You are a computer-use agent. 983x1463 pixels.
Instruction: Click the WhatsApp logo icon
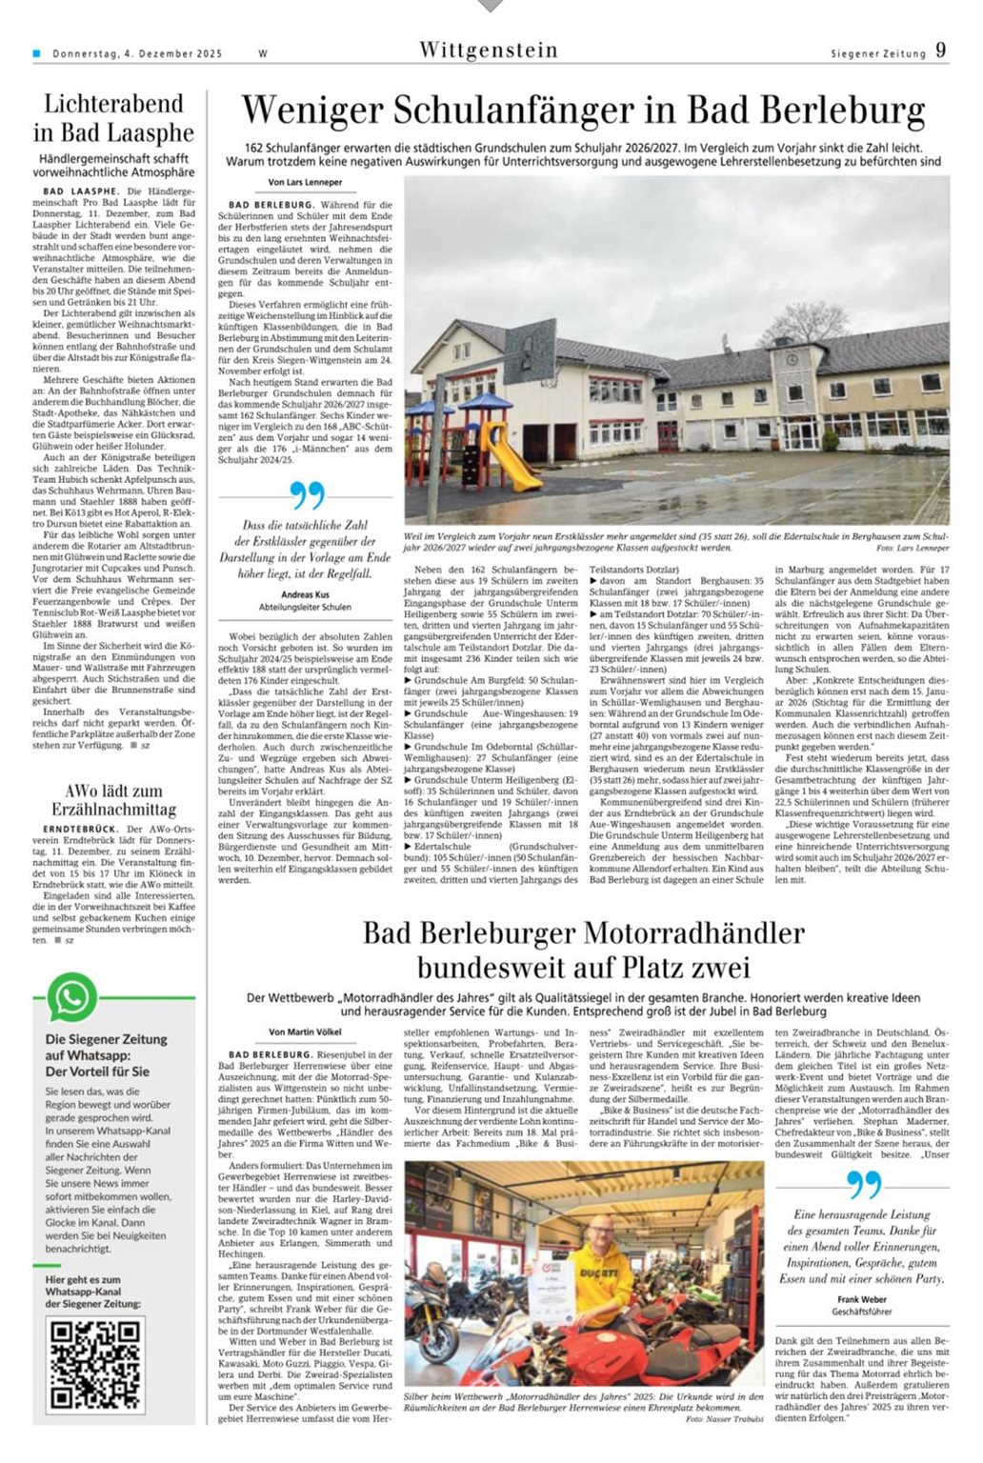pos(72,997)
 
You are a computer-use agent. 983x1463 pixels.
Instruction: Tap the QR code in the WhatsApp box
pos(93,1364)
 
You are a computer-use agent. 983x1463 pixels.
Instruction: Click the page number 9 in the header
pos(941,50)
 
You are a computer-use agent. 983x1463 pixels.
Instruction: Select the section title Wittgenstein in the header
pos(488,50)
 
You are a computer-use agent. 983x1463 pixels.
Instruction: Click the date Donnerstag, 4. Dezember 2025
pos(137,54)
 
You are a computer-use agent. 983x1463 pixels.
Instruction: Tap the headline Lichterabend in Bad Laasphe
pos(112,118)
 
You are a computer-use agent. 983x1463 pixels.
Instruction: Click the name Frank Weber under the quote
pos(861,1299)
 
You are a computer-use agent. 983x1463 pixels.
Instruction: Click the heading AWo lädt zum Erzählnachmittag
pos(113,800)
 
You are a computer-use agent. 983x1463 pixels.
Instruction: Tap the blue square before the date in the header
pos(37,53)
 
